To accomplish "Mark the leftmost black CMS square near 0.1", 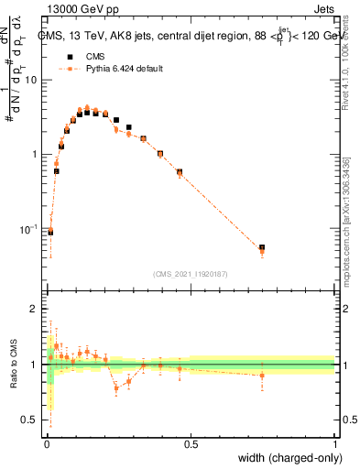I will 50,232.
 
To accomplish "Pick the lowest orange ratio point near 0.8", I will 116,387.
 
